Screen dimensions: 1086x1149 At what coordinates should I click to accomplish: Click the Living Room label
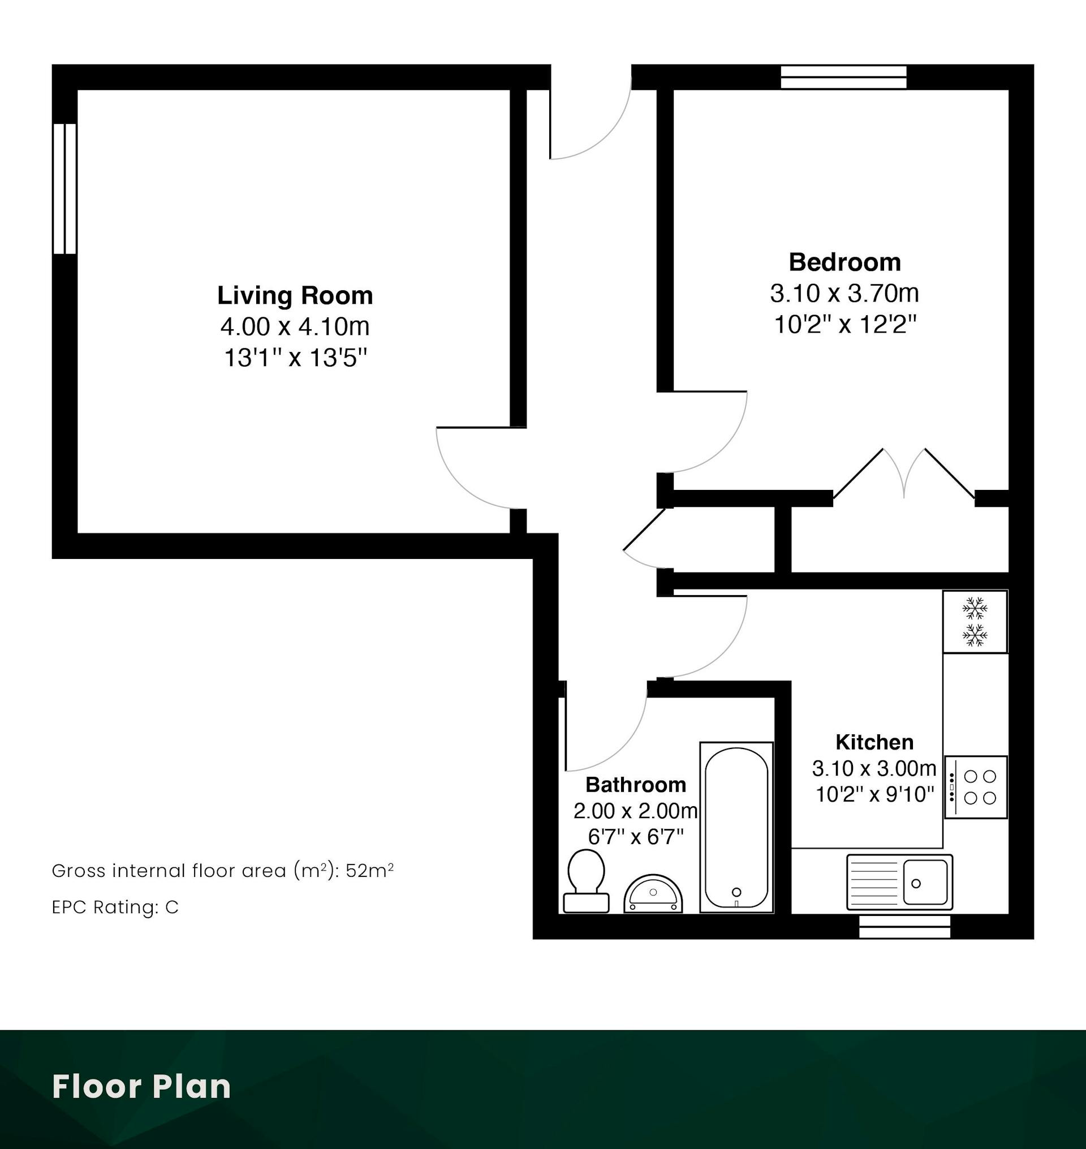tap(295, 295)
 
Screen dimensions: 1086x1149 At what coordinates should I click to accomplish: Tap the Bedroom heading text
tap(844, 262)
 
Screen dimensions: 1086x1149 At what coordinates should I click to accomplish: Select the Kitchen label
tap(874, 742)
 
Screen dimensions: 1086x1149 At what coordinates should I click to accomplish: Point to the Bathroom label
tap(636, 784)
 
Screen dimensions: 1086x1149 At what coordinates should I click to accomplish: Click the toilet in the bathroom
tap(586, 881)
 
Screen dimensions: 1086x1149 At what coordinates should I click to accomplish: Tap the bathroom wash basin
tap(653, 894)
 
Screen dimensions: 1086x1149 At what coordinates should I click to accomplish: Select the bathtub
tap(736, 827)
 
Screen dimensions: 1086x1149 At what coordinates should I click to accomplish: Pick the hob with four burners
tap(976, 786)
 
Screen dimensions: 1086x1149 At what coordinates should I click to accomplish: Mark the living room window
tap(65, 189)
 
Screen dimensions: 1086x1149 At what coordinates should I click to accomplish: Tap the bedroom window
tap(843, 77)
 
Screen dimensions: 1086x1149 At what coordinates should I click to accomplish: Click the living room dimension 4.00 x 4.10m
tap(295, 326)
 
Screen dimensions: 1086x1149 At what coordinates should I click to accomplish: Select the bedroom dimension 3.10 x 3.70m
tap(844, 294)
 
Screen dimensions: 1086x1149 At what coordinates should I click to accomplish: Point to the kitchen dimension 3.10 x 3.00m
tap(874, 768)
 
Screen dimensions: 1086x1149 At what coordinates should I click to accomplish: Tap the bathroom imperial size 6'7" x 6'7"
tap(636, 836)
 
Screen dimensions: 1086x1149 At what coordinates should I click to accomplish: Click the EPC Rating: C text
tap(116, 907)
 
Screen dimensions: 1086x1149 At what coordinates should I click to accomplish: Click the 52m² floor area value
tap(370, 871)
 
